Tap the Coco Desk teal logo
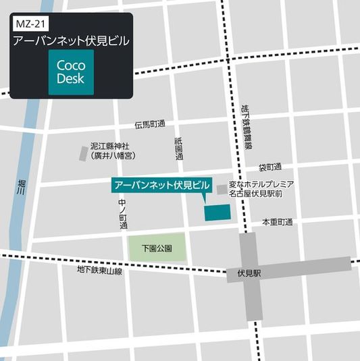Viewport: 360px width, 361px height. pyautogui.click(x=71, y=72)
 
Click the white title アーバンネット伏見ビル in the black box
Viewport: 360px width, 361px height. pyautogui.click(x=71, y=41)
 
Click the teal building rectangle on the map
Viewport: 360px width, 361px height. pyautogui.click(x=217, y=212)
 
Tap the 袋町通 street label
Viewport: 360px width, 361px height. pyautogui.click(x=269, y=167)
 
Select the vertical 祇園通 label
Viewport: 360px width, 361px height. pyautogui.click(x=179, y=148)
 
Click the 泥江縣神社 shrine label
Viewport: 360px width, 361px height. pyautogui.click(x=114, y=146)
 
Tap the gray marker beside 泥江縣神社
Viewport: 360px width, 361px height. pyautogui.click(x=84, y=153)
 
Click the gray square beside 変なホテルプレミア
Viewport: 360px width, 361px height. pyautogui.click(x=222, y=190)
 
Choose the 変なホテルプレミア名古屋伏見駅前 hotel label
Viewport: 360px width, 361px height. pyautogui.click(x=261, y=189)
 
